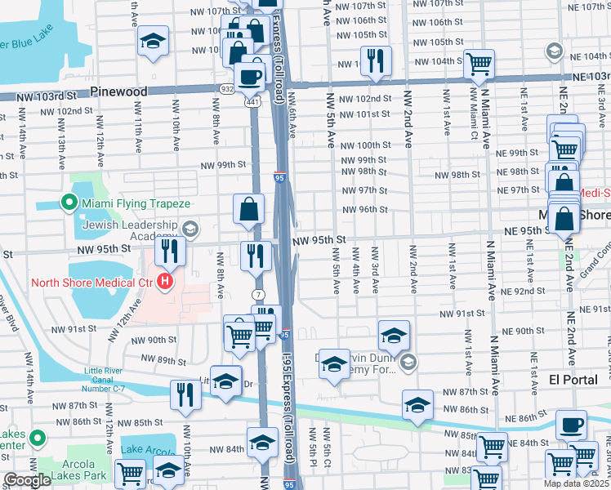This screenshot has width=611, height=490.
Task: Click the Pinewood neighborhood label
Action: pyautogui.click(x=119, y=91)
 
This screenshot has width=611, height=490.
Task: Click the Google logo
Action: pyautogui.click(x=27, y=480)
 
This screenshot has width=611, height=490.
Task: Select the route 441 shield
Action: pyautogui.click(x=255, y=101)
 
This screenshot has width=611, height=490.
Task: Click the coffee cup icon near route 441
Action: pyautogui.click(x=250, y=77)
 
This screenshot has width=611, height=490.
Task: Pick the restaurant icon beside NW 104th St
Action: pyautogui.click(x=376, y=60)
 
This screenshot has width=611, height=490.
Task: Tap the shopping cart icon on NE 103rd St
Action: pyautogui.click(x=479, y=63)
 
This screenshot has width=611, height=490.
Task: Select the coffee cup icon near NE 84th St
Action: pyautogui.click(x=571, y=425)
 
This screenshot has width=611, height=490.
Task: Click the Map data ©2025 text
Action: pyautogui.click(x=576, y=483)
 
